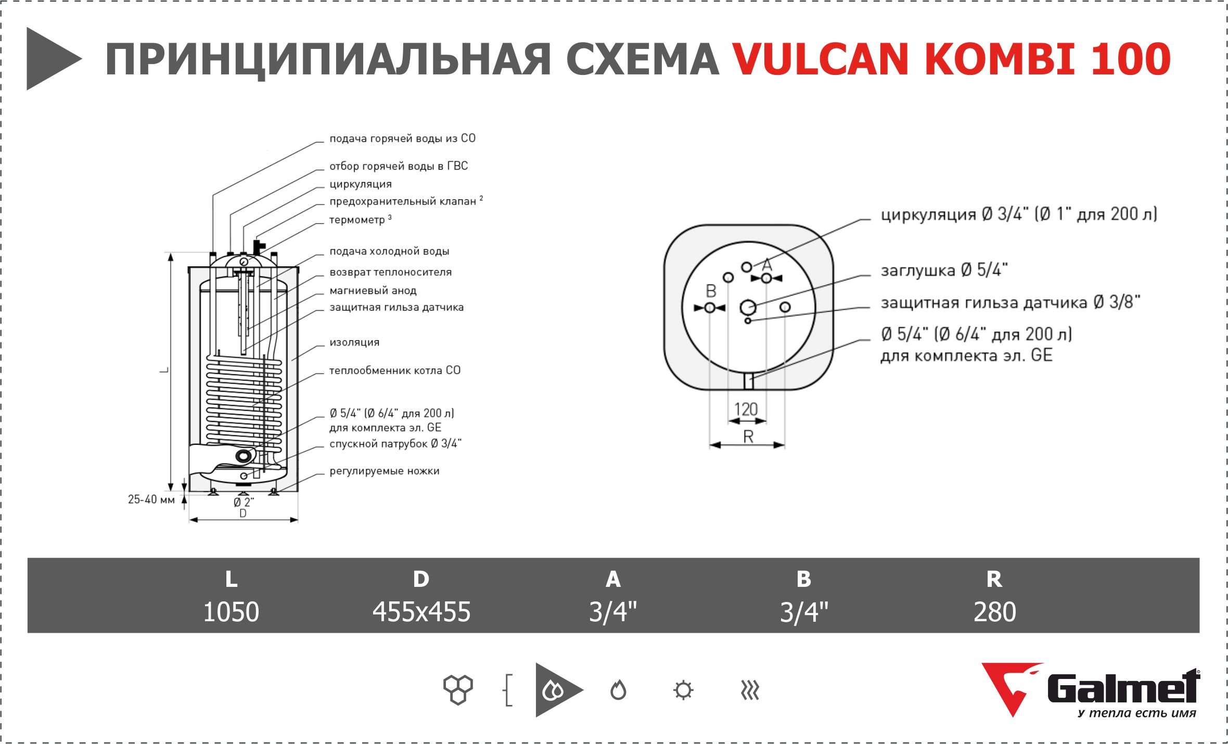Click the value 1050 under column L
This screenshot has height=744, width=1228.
pos(231,612)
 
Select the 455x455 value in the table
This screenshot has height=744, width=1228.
pos(421,612)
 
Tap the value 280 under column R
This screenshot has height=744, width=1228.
pos(994,612)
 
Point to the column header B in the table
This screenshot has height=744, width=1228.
pos(803,579)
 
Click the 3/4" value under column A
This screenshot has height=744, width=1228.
pos(612,612)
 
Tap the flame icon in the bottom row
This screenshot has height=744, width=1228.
pos(618,690)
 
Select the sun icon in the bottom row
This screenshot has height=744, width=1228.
pos(683,690)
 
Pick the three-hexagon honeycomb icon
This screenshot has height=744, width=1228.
pos(458,690)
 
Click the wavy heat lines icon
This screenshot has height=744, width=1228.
pos(750,690)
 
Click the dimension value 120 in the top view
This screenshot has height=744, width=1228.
pos(746,409)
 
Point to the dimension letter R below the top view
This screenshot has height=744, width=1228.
pos(748,437)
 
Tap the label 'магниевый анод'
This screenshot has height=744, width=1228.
pos(373,291)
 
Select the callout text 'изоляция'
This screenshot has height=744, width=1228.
pos(354,342)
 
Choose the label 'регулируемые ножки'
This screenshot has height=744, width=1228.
pos(384,471)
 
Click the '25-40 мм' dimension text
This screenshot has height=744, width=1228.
pos(151,499)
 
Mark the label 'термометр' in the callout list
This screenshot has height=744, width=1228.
pos(357,220)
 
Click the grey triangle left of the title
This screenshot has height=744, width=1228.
pos(52,59)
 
